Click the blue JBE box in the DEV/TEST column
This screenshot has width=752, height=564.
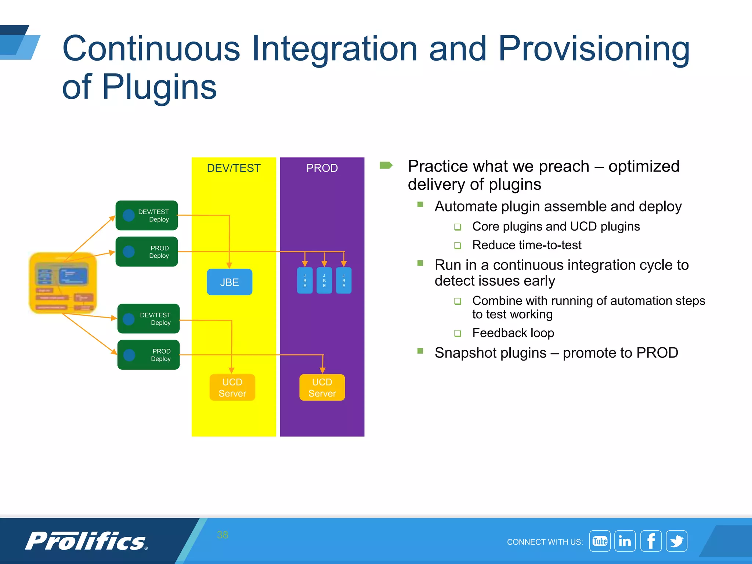tap(229, 282)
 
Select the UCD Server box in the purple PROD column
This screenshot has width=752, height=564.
tap(322, 387)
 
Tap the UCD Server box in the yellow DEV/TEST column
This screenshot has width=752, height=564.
tap(232, 387)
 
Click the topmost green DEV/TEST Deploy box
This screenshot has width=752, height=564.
tap(147, 216)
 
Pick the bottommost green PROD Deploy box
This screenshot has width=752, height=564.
tap(148, 355)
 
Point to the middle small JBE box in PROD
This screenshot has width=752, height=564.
tap(324, 281)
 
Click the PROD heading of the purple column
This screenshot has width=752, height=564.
tap(322, 168)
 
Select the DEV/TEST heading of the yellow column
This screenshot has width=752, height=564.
tap(234, 168)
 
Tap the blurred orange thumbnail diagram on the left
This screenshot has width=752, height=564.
tap(63, 283)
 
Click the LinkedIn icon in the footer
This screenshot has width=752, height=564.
tap(625, 541)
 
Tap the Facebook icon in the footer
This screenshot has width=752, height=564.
tap(651, 541)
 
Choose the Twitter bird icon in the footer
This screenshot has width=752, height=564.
tap(676, 541)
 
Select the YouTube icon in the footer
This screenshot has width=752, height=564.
tap(600, 541)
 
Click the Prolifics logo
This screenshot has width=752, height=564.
tap(86, 541)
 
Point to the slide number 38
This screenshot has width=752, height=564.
tap(223, 535)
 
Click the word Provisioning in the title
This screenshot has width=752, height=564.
tap(594, 49)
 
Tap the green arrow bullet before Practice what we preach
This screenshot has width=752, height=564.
tap(386, 165)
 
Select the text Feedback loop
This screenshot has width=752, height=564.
tap(513, 333)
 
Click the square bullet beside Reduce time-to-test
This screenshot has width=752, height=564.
tap(458, 245)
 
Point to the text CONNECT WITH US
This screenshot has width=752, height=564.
tap(545, 542)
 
